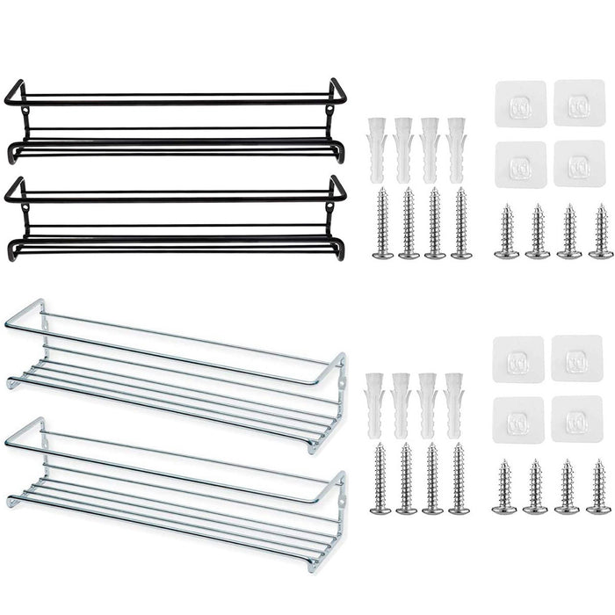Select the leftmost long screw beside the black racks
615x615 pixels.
382,224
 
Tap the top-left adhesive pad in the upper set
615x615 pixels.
520,104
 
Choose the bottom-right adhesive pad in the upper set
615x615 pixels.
579,163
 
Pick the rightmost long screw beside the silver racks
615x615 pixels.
459,479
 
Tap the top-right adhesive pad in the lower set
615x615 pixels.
577,358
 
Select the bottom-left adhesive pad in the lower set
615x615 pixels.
518,418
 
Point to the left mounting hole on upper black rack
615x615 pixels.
26,111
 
